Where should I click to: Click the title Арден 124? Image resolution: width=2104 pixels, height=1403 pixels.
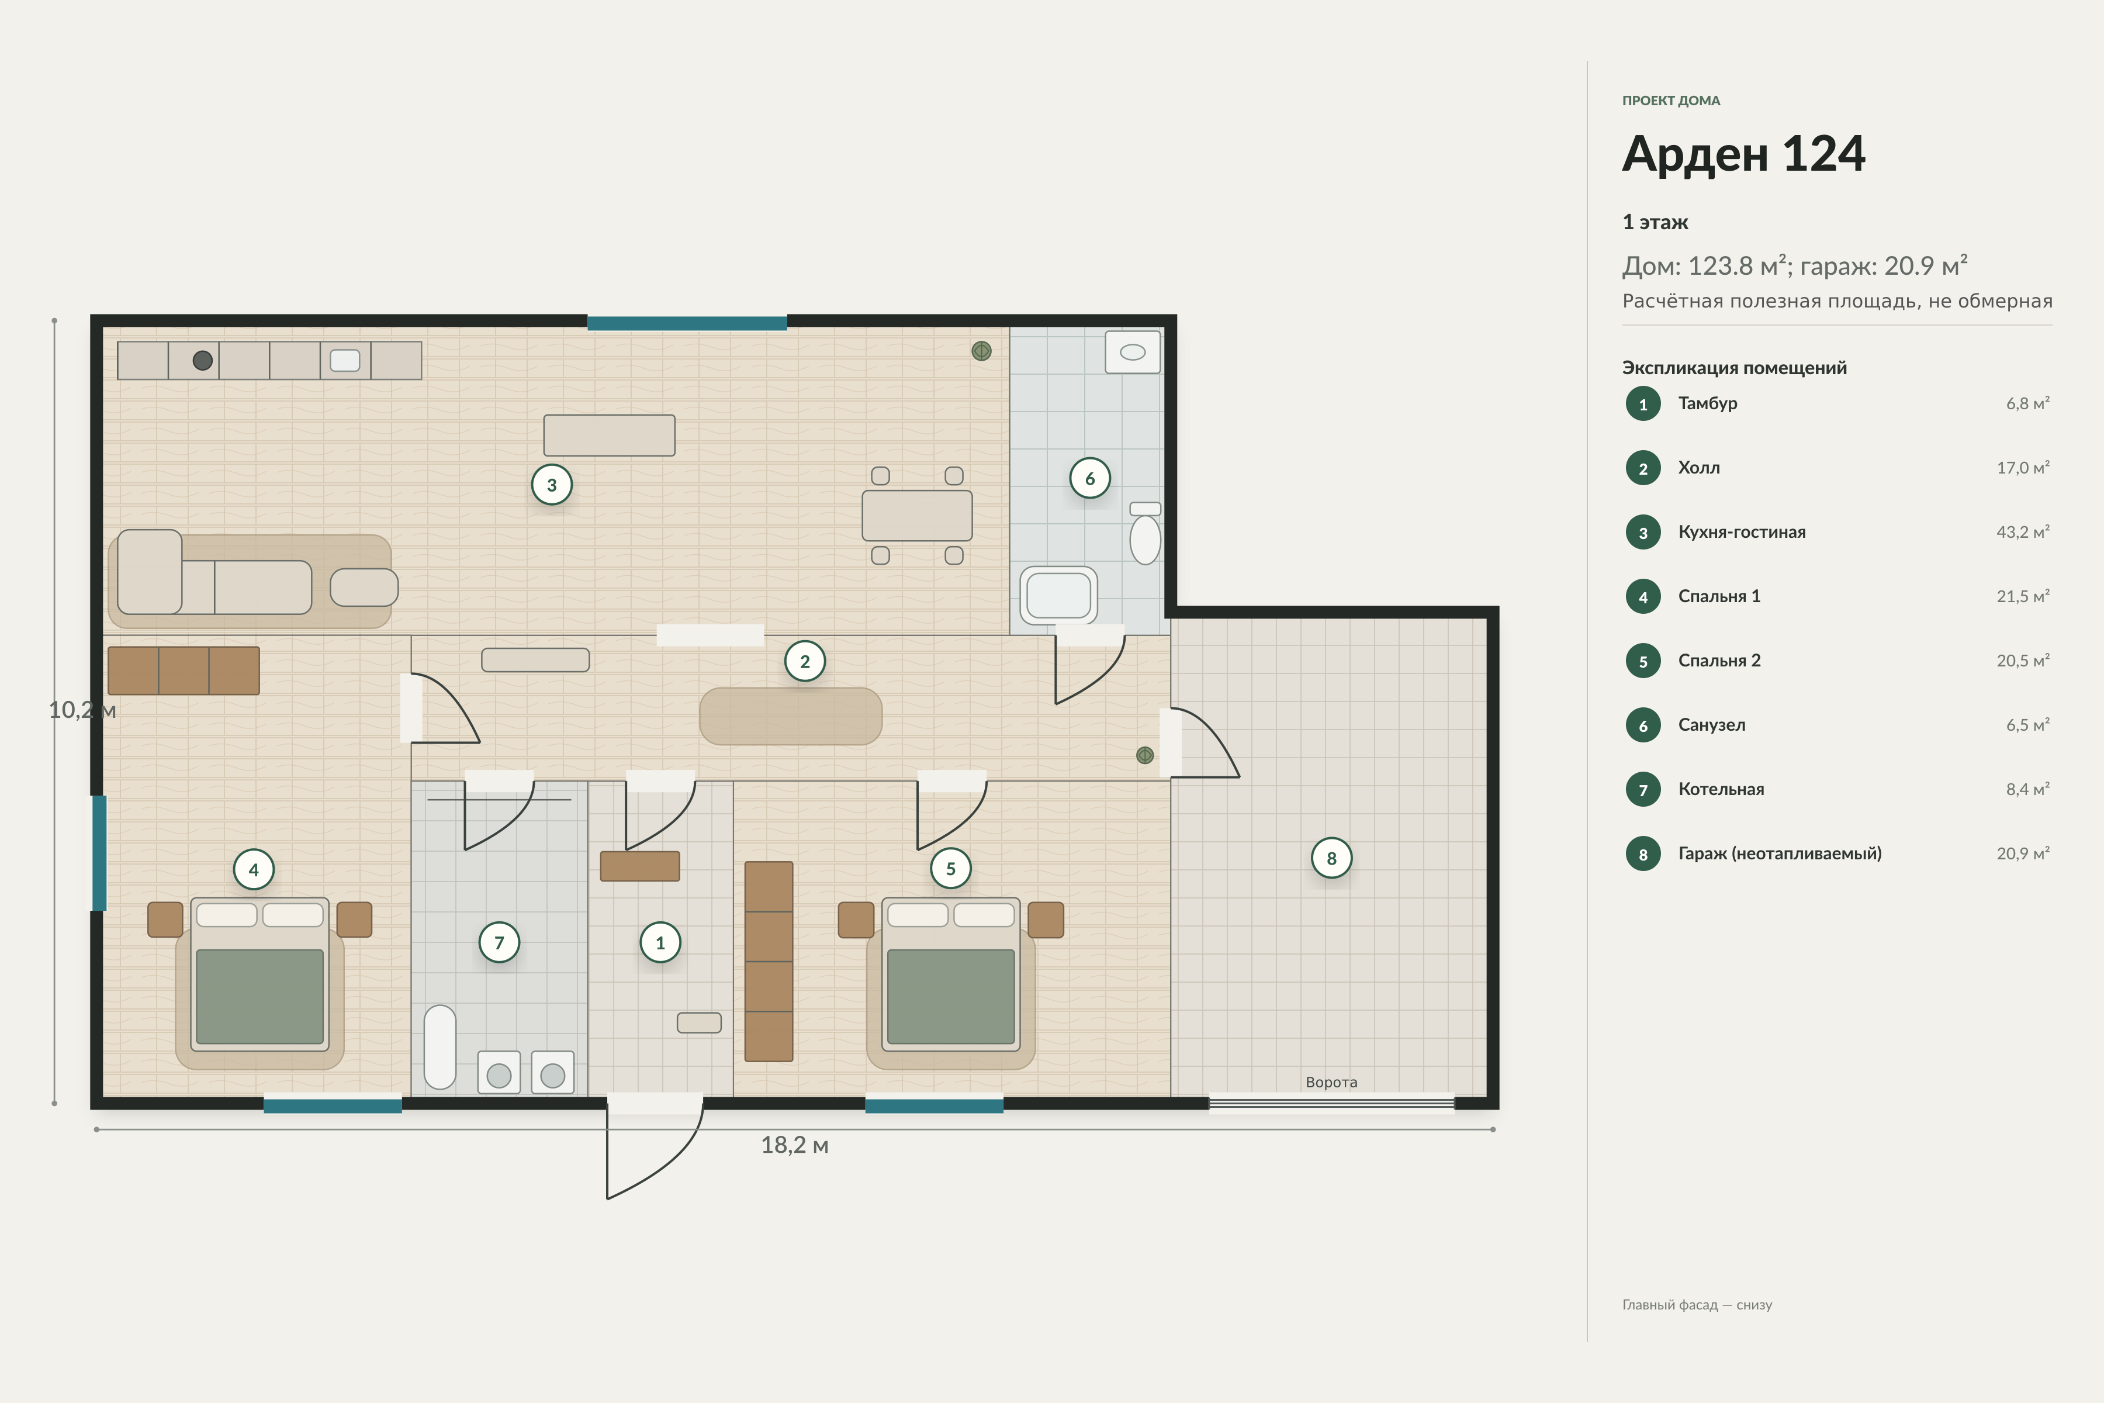click(1743, 153)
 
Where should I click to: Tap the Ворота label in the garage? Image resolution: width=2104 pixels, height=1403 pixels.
click(1331, 1082)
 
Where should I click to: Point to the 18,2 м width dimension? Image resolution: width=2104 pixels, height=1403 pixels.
click(794, 1145)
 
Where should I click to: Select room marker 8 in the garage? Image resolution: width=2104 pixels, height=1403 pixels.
click(1331, 858)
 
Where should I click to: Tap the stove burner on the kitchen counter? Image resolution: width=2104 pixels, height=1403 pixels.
click(203, 361)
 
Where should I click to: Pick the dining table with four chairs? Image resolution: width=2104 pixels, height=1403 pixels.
click(917, 516)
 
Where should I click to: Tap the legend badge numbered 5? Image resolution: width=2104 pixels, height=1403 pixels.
click(1642, 661)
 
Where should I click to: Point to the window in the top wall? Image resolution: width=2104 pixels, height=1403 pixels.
click(687, 323)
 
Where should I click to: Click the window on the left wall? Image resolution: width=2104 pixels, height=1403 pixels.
click(99, 853)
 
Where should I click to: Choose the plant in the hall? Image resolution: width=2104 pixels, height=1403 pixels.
click(1144, 755)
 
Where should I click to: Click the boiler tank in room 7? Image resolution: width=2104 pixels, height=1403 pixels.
click(440, 1047)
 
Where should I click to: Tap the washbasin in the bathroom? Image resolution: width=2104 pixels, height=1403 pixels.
click(1133, 352)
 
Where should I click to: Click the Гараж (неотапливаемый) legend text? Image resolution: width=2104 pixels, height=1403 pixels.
click(1779, 853)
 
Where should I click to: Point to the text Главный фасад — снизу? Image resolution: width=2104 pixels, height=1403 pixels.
click(1697, 1305)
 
